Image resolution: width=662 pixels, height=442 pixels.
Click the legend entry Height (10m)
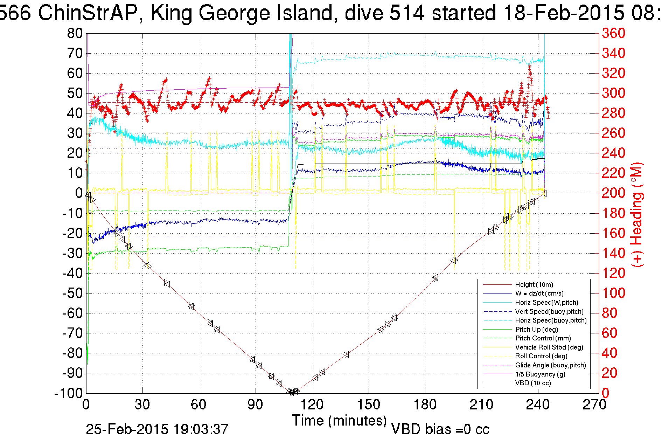(534, 285)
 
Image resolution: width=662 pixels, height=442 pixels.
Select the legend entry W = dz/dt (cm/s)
(539, 293)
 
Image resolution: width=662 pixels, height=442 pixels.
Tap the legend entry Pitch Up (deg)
(536, 330)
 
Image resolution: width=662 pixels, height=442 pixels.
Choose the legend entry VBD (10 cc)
(533, 383)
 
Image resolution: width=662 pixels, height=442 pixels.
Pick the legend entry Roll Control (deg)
(541, 356)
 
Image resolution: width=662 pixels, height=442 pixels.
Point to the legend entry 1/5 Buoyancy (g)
(540, 374)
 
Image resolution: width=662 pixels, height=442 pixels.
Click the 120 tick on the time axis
(312, 405)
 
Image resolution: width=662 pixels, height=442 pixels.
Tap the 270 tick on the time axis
(594, 405)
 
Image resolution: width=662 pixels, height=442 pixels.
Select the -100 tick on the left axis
(68, 393)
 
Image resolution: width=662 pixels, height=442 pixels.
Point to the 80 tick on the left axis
(75, 34)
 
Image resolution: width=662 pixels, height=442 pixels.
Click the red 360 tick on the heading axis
(613, 34)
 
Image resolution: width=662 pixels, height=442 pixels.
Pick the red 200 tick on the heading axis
(613, 193)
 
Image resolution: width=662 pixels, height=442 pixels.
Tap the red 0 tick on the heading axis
(606, 393)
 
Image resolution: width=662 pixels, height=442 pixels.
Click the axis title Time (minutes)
(339, 420)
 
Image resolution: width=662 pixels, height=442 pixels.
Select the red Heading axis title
(637, 214)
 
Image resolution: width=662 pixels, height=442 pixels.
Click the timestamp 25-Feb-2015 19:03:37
(157, 429)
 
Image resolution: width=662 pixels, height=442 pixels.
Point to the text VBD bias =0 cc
(440, 429)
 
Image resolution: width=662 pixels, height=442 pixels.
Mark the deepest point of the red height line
(291, 392)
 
